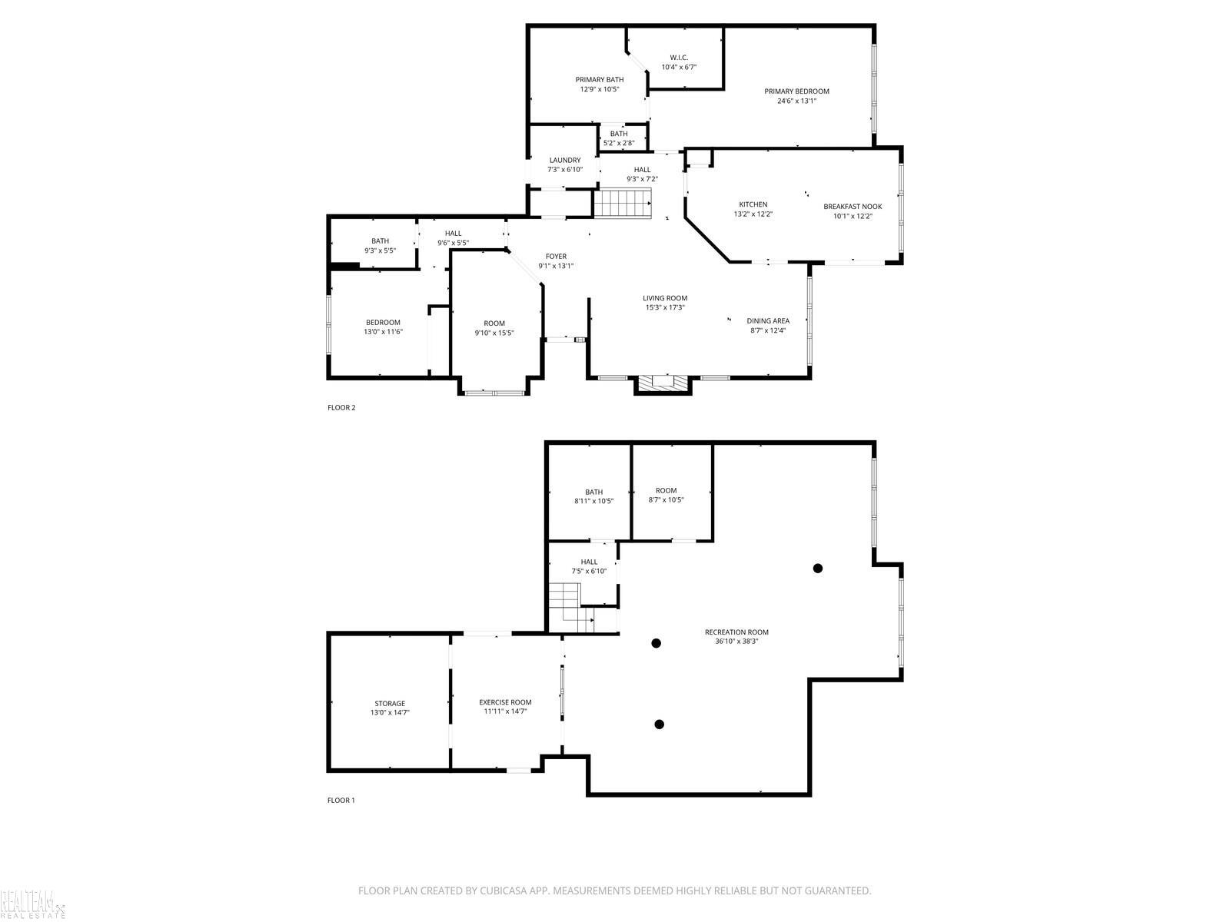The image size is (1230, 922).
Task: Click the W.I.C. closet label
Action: (x=679, y=58)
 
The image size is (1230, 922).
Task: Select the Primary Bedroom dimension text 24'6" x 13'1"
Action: (x=796, y=101)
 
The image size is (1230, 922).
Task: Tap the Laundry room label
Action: (x=565, y=160)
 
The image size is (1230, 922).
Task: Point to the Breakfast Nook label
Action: (x=853, y=207)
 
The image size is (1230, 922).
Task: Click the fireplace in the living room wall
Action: (x=663, y=385)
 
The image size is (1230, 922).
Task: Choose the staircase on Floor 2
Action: (x=622, y=203)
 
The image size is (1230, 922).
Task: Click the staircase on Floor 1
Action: (x=570, y=608)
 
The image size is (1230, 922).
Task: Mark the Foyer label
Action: (x=556, y=257)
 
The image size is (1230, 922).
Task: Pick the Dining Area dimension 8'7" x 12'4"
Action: (x=768, y=330)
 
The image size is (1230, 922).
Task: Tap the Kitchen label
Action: (x=753, y=204)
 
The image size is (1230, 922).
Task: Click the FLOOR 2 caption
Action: (x=341, y=407)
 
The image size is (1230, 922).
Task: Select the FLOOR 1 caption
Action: (x=341, y=800)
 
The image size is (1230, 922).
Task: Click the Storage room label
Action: (x=390, y=704)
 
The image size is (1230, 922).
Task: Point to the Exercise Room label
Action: (x=505, y=702)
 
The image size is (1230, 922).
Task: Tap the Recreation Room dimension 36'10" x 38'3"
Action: (x=736, y=642)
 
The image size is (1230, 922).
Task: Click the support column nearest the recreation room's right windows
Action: (x=818, y=569)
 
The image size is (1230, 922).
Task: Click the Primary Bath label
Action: (x=599, y=79)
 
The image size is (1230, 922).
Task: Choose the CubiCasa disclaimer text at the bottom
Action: (x=615, y=890)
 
